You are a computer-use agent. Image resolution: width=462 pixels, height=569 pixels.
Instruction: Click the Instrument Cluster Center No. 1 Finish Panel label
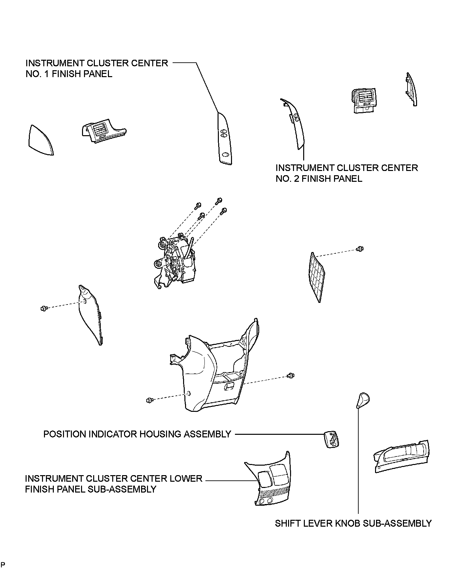pos(97,68)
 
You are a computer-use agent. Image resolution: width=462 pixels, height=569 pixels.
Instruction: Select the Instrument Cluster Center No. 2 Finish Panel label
pos(346,173)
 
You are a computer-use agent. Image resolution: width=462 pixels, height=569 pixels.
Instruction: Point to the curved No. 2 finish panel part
pos(295,125)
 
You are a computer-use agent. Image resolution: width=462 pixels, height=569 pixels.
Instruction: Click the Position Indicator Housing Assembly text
pos(137,434)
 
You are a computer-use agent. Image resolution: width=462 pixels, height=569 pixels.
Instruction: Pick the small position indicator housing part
pos(331,439)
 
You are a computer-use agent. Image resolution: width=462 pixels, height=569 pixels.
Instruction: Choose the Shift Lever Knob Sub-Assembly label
pos(353,523)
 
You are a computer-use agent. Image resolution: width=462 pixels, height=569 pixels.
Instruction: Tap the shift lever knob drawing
pos(363,400)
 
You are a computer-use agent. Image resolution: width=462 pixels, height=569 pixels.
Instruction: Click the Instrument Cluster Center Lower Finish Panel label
pos(114,484)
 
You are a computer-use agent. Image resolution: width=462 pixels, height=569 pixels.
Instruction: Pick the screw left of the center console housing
pos(150,400)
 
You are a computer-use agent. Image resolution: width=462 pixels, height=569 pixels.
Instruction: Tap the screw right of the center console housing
pos(291,375)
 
